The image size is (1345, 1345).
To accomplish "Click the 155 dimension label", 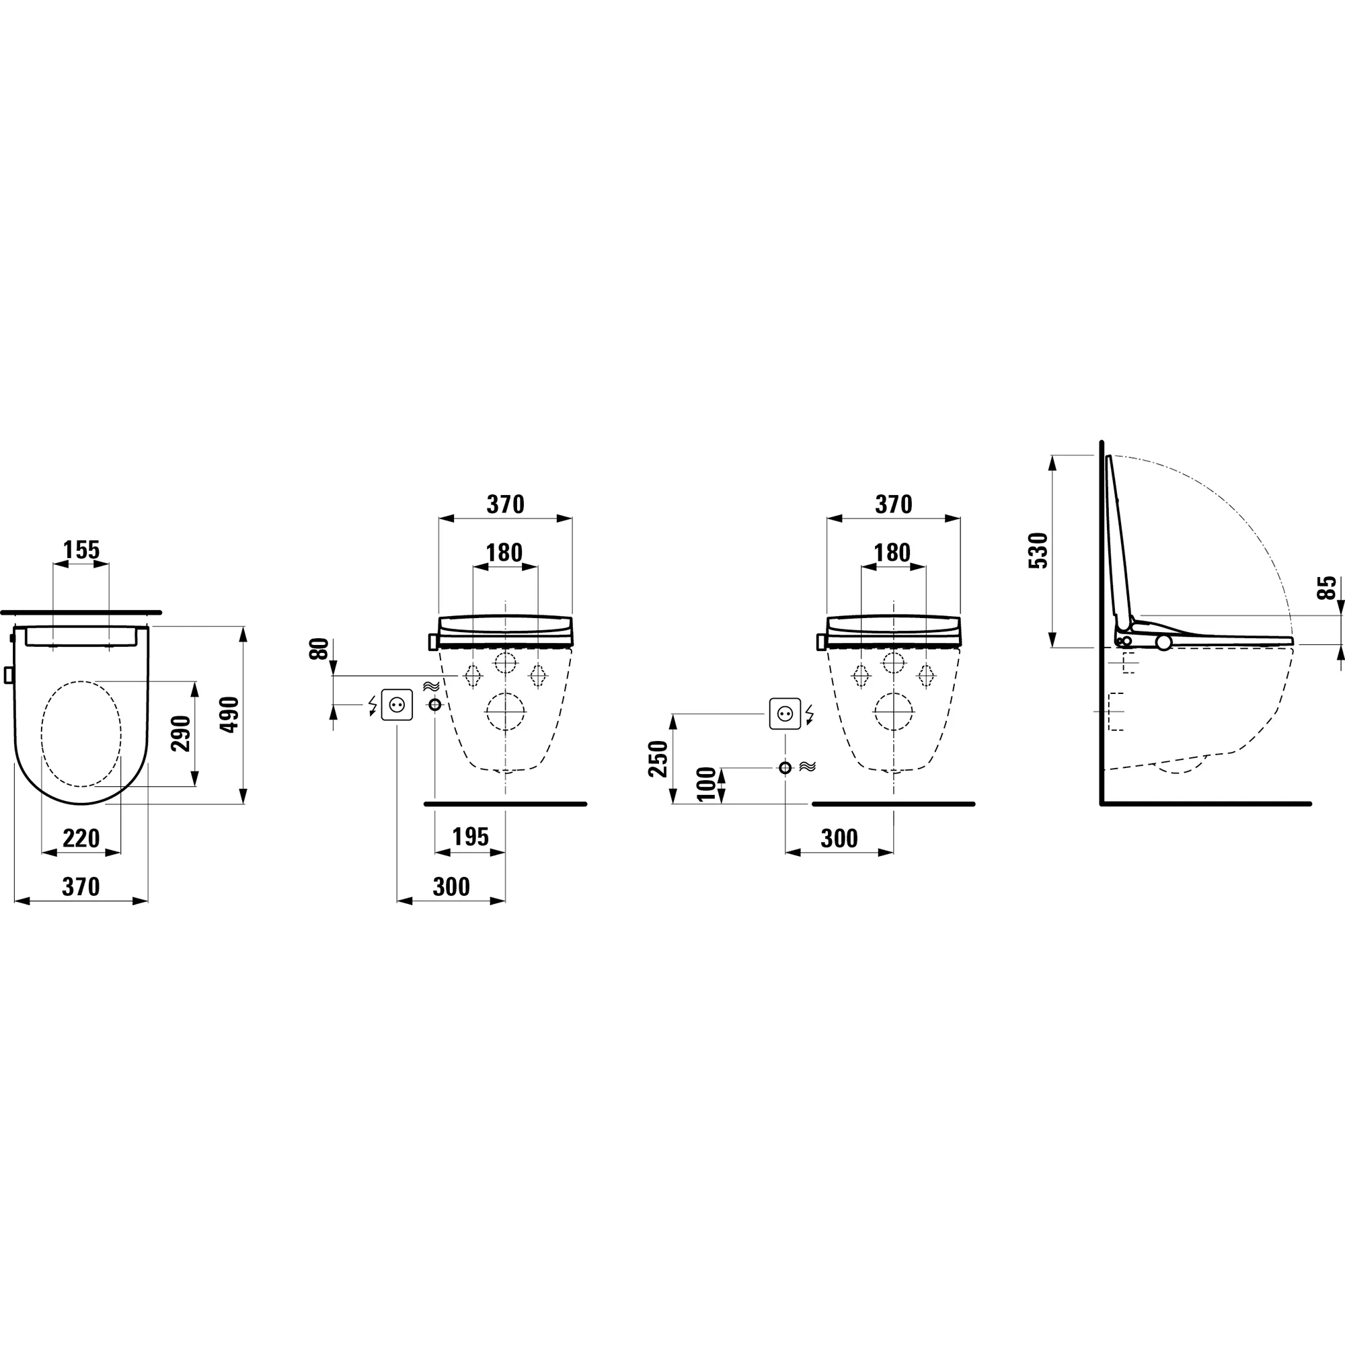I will click(x=81, y=550).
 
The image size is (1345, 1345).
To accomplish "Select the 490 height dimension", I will click(x=230, y=714).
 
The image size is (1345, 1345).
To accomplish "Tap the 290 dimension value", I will click(x=181, y=733).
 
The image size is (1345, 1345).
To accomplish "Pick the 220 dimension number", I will click(x=81, y=838).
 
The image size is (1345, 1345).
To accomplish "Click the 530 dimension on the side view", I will click(x=1038, y=551).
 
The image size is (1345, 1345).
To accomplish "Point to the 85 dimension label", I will click(x=1328, y=588).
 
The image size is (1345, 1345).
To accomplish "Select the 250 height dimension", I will click(x=658, y=759).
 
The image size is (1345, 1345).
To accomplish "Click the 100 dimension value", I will click(x=706, y=785).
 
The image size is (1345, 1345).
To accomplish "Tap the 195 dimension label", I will click(x=470, y=837).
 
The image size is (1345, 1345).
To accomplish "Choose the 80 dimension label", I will click(x=319, y=650).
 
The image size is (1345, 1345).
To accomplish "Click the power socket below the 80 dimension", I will click(x=397, y=705).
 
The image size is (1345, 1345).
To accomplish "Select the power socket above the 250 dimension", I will click(x=785, y=714).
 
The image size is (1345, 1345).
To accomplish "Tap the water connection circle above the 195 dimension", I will click(x=435, y=705).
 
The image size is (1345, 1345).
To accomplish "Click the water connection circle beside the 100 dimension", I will click(x=785, y=768).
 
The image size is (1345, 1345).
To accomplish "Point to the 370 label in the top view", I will click(x=81, y=887).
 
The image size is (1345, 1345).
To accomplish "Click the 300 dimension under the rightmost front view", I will click(x=839, y=839).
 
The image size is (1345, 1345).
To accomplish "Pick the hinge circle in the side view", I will click(x=1163, y=642).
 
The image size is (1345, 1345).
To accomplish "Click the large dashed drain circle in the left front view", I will click(x=506, y=712).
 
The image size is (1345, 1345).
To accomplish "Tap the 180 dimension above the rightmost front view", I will click(x=892, y=553).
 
